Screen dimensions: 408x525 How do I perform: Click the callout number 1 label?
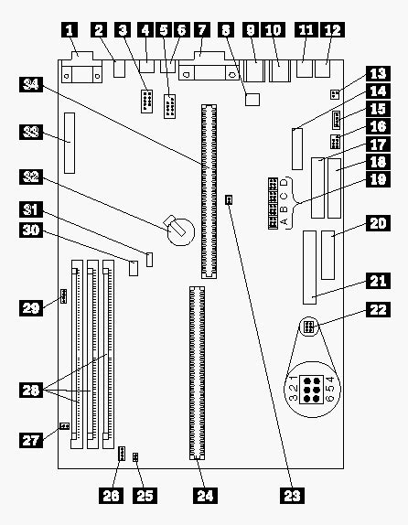[x=70, y=30]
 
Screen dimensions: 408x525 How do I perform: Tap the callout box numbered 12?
[x=332, y=30]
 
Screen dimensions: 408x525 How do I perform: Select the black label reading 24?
[x=205, y=495]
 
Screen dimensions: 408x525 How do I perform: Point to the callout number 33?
[x=31, y=132]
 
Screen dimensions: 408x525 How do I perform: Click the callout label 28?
[x=31, y=390]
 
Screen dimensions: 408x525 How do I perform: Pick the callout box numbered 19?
[x=378, y=179]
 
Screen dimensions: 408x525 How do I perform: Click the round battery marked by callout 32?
[x=180, y=231]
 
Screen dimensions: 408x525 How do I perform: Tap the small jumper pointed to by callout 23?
[x=229, y=200]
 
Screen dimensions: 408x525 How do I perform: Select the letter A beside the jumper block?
[x=285, y=221]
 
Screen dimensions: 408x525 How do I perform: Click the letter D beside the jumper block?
[x=285, y=183]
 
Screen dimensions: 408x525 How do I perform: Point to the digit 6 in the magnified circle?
[x=330, y=398]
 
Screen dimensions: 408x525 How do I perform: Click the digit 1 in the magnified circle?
[x=294, y=380]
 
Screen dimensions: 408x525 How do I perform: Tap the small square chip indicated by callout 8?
[x=252, y=100]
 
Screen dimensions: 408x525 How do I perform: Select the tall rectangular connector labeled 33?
[x=70, y=143]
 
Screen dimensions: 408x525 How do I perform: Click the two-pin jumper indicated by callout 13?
[x=334, y=94]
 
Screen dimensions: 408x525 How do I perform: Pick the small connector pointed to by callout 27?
[x=64, y=426]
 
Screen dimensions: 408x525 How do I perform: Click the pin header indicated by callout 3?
[x=146, y=102]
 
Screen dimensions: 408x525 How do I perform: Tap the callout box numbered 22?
[x=378, y=310]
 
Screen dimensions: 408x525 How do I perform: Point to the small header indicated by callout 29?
[x=63, y=296]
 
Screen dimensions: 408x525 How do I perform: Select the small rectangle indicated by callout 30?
[x=134, y=268]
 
